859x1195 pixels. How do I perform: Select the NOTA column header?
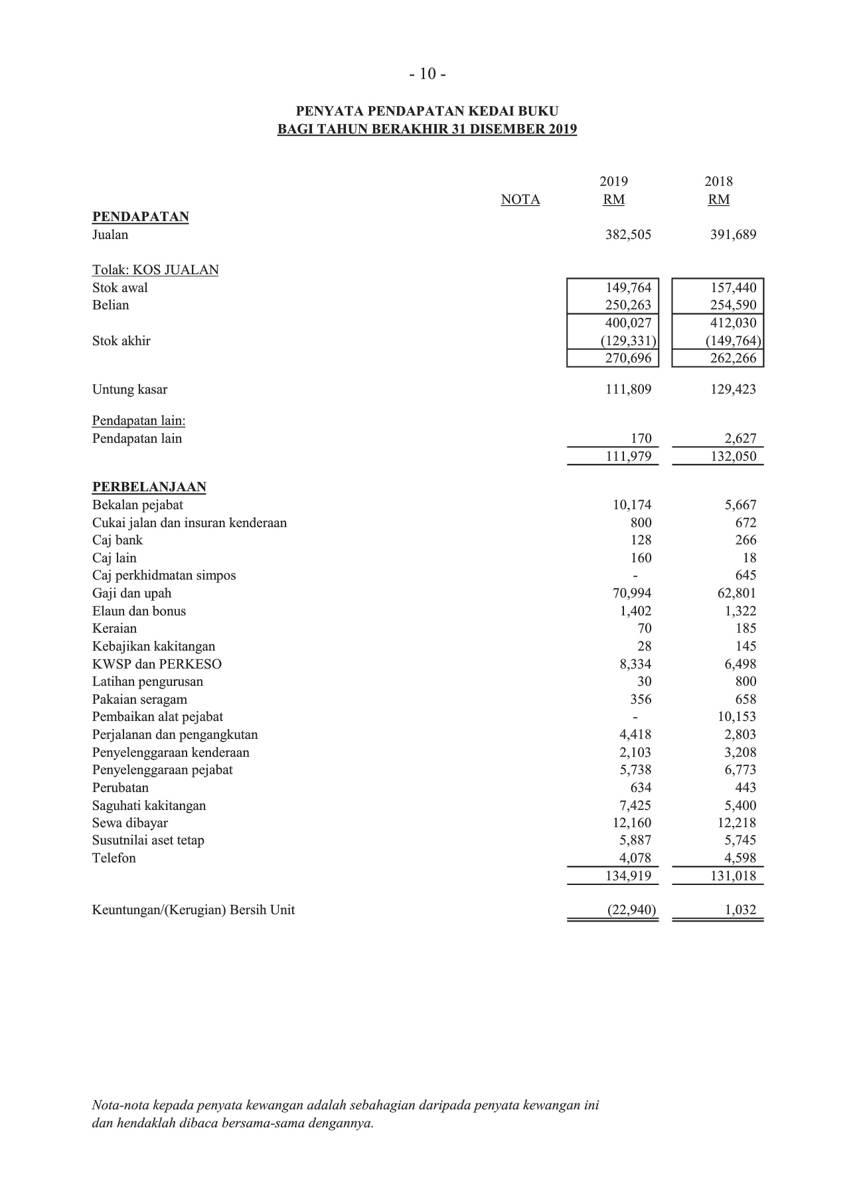pyautogui.click(x=520, y=200)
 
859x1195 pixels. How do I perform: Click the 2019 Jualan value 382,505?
pyautogui.click(x=628, y=235)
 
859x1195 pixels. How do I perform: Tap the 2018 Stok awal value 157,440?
pyautogui.click(x=733, y=288)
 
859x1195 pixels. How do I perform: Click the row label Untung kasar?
pyautogui.click(x=129, y=390)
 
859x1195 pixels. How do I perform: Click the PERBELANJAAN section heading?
pyautogui.click(x=149, y=487)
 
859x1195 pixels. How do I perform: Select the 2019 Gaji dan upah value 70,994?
pyautogui.click(x=628, y=594)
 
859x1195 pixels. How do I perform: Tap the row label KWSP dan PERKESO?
pyautogui.click(x=157, y=665)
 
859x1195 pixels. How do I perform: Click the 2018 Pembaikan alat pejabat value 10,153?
pyautogui.click(x=736, y=717)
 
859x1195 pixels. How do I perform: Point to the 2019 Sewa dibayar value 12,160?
pyautogui.click(x=628, y=823)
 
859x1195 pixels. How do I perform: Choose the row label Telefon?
pyautogui.click(x=114, y=858)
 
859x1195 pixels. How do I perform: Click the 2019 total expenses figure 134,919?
pyautogui.click(x=628, y=876)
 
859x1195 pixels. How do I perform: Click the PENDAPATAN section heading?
pyautogui.click(x=140, y=217)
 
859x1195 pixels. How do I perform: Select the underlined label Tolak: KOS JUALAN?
pyautogui.click(x=155, y=270)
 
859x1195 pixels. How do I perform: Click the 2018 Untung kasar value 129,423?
pyautogui.click(x=733, y=390)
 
